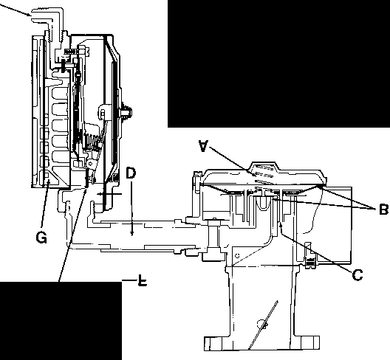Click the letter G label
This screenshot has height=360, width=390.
click(x=41, y=238)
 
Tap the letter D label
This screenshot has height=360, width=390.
click(x=131, y=173)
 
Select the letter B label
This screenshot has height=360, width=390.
click(x=384, y=210)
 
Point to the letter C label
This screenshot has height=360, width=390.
click(x=357, y=275)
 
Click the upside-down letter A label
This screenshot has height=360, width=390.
click(x=203, y=146)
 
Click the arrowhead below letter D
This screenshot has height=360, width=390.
click(x=132, y=233)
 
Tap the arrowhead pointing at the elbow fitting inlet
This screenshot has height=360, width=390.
click(x=28, y=14)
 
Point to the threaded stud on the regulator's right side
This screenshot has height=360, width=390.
click(x=126, y=113)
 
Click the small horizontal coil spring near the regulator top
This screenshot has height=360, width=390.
click(x=72, y=51)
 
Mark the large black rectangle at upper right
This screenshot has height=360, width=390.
click(x=278, y=63)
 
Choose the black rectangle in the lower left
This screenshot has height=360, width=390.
click(x=61, y=321)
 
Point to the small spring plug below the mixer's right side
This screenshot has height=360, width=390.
click(x=309, y=263)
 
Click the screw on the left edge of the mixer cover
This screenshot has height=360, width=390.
click(x=196, y=181)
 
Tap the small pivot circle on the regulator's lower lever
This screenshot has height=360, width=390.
click(x=91, y=163)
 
